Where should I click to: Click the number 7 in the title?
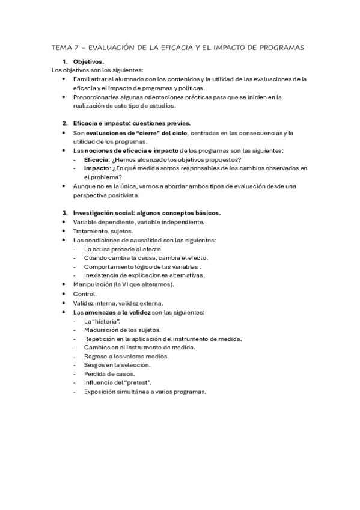click(x=73, y=46)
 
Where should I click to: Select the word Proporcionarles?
click(x=96, y=97)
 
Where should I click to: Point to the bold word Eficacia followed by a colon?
click(x=96, y=159)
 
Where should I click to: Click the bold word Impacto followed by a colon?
click(x=96, y=168)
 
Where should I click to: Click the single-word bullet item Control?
click(x=84, y=293)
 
